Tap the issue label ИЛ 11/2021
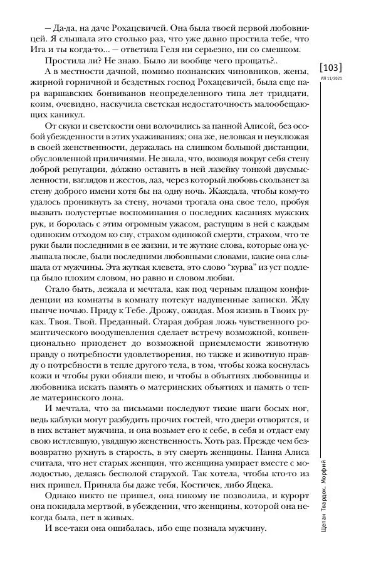point(333,78)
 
